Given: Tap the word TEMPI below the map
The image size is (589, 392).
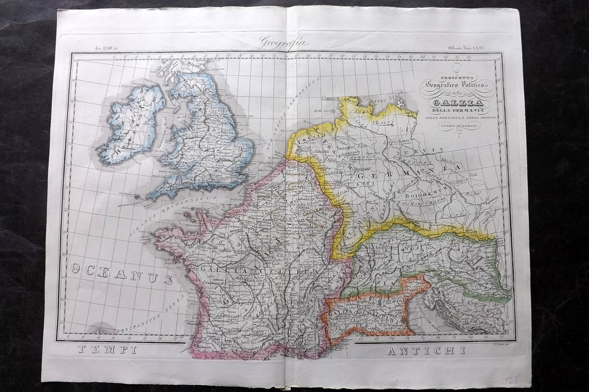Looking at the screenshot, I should (x=107, y=350).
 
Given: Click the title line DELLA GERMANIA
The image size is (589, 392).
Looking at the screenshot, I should (x=453, y=111).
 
